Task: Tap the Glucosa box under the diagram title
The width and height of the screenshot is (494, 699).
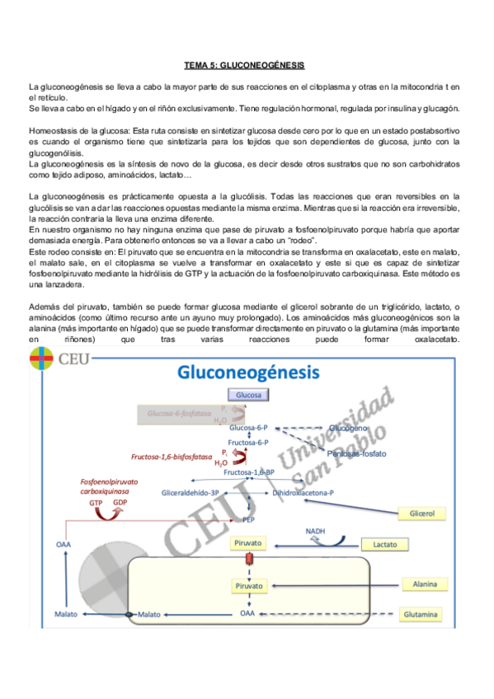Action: click(248, 395)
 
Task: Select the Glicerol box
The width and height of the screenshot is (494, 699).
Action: click(432, 514)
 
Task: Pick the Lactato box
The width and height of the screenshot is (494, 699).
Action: click(385, 545)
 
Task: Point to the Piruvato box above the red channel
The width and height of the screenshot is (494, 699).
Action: click(248, 544)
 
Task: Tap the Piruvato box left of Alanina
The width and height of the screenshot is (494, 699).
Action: click(248, 586)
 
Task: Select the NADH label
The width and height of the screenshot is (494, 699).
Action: click(316, 532)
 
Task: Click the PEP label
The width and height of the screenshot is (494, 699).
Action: click(248, 520)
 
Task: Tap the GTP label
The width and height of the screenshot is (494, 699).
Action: click(96, 502)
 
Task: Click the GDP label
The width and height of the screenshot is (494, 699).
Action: click(120, 502)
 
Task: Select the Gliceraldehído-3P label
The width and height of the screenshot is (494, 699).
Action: click(191, 492)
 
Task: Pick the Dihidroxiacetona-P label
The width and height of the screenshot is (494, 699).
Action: click(303, 492)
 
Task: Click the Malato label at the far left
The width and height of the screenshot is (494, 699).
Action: click(65, 615)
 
